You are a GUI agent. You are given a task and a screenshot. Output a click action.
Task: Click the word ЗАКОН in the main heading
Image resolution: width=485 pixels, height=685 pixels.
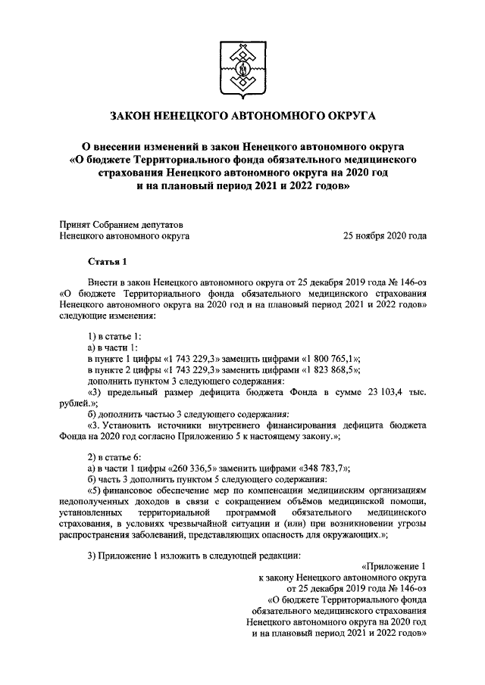click(132, 116)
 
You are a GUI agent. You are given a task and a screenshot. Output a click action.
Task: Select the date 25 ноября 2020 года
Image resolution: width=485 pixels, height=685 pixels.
click(385, 235)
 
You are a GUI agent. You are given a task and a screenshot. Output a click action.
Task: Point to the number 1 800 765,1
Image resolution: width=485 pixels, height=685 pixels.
click(331, 358)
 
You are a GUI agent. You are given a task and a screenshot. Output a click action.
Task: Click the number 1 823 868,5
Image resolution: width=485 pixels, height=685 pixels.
click(331, 369)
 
